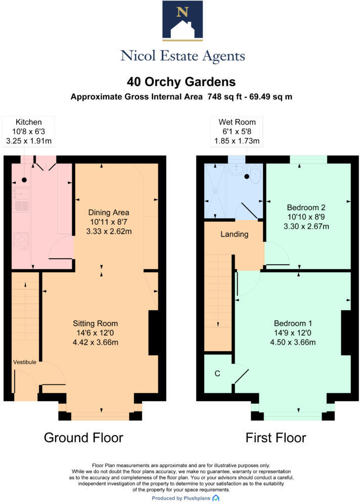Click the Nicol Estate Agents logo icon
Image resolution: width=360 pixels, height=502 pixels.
click(182, 21)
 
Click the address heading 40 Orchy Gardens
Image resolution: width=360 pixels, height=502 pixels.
click(181, 81)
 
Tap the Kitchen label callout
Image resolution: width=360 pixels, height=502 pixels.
click(28, 131)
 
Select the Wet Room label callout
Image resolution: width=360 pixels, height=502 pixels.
click(237, 131)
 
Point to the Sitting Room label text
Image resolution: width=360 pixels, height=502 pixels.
click(95, 333)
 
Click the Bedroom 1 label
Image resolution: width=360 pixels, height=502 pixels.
click(294, 333)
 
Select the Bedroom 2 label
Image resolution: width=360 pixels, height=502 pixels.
click(306, 217)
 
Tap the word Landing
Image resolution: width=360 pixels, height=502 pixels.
click(235, 234)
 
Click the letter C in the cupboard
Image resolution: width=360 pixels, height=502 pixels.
click(217, 374)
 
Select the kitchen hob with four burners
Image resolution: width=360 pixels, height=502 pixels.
click(21, 241)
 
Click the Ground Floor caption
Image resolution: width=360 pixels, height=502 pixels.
click(83, 437)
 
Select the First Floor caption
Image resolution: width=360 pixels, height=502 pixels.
click(276, 437)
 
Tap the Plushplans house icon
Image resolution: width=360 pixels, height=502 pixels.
click(216, 498)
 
